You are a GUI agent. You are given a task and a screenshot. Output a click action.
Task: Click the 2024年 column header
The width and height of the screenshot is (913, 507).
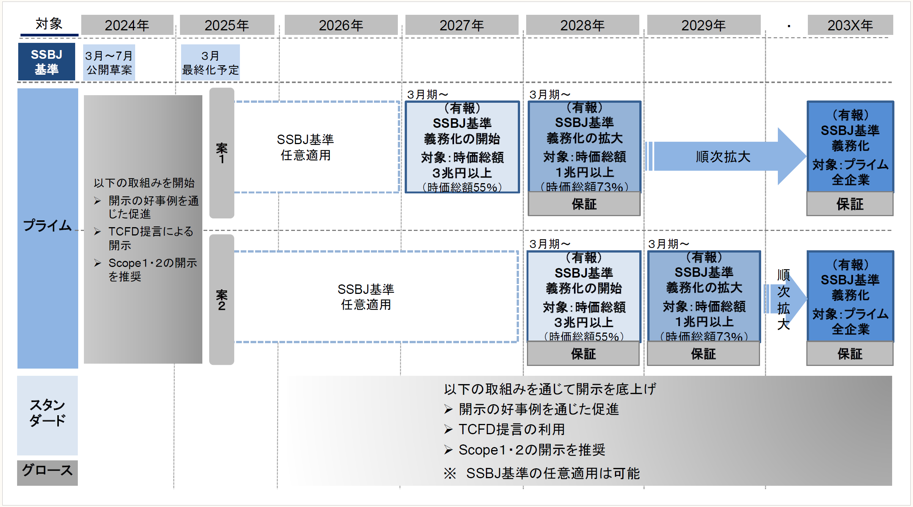point(127,25)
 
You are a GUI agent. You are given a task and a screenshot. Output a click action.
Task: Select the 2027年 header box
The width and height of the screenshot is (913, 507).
point(462,25)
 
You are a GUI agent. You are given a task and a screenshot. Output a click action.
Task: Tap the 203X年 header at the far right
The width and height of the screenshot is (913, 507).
point(850,25)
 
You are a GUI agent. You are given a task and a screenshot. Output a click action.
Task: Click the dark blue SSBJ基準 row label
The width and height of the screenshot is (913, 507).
point(46,62)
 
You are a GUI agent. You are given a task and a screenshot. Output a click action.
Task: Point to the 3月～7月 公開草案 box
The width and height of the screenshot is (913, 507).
point(109,63)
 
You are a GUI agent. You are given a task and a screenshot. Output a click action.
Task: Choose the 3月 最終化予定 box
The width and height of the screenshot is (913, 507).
point(210,63)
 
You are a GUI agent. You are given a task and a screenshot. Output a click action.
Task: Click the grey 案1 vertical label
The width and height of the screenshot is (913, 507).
point(222,153)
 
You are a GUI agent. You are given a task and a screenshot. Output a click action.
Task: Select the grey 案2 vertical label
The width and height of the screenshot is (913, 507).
point(222,300)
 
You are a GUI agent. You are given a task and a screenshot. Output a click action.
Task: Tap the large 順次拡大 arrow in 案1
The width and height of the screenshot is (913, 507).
point(723,156)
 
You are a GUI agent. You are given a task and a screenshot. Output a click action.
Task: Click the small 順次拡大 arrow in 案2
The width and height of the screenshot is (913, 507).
point(784,299)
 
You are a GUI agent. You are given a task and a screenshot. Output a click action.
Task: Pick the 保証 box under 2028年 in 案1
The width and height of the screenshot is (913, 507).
point(584,204)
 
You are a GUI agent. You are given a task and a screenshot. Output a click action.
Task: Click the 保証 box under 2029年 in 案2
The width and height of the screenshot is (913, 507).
point(703,354)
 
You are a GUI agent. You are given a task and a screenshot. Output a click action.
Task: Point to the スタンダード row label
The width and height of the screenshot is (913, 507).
point(47,413)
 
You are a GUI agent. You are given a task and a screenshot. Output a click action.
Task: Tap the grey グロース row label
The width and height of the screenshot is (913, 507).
point(47,471)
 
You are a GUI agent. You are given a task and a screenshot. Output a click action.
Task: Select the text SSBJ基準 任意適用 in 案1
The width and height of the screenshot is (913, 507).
point(305,147)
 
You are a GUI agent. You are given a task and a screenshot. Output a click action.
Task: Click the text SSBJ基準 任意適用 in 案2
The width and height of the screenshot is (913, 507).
point(366,297)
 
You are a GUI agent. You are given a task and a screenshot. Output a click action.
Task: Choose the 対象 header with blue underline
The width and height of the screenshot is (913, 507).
point(49,24)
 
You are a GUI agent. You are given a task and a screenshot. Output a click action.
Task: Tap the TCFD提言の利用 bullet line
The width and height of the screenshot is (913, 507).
point(511,429)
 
